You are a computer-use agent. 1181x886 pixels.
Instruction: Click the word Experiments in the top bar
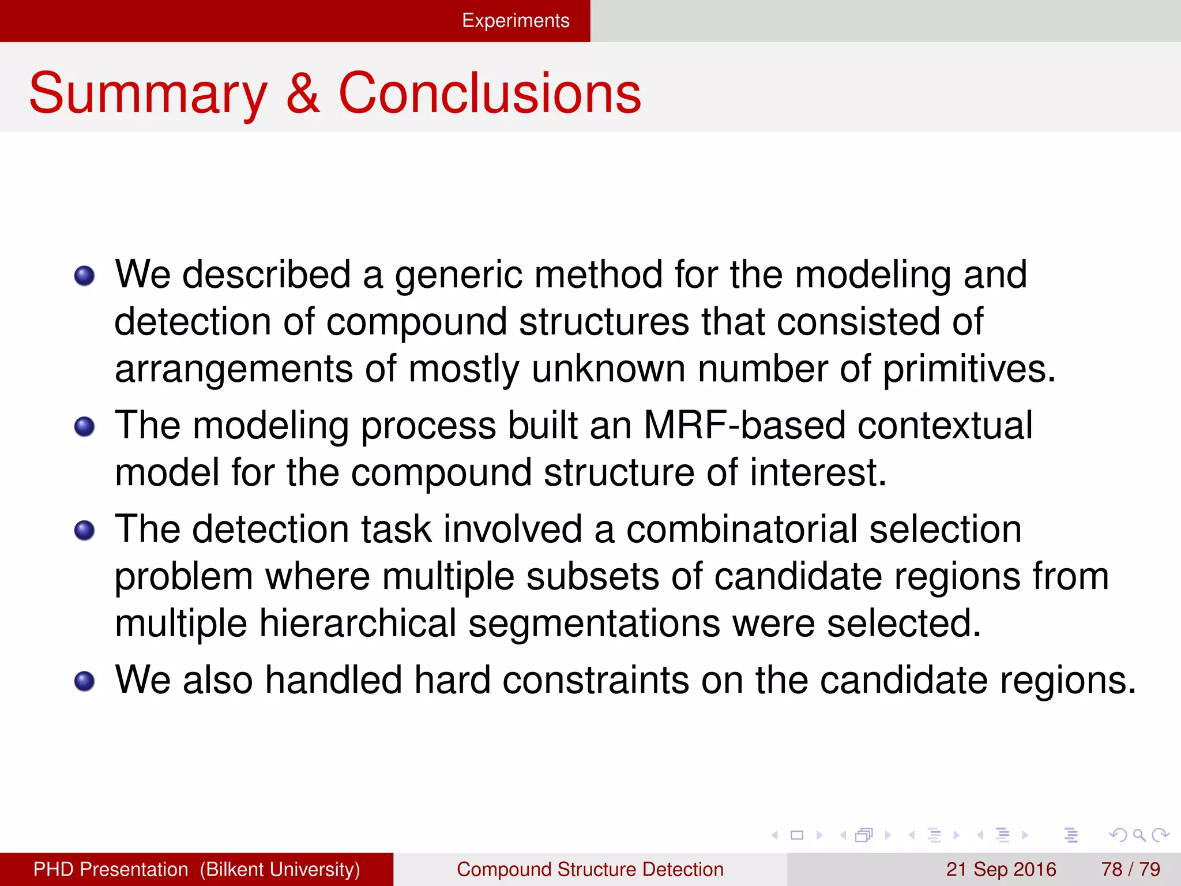(516, 21)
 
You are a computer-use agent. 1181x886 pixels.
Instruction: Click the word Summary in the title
(148, 93)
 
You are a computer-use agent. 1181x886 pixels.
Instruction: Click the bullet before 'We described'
(84, 276)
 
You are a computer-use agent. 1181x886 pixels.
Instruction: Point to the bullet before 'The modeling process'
(84, 427)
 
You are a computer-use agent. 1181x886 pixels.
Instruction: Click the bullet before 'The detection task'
(84, 530)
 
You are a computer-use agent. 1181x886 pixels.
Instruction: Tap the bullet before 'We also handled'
(84, 681)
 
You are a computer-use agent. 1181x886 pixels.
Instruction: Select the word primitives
(969, 369)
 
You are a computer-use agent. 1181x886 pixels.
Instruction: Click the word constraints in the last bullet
(595, 681)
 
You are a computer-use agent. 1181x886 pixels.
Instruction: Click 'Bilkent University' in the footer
(280, 869)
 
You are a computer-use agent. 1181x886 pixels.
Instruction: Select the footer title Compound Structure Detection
(590, 869)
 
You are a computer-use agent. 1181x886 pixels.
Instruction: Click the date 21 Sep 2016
(1001, 869)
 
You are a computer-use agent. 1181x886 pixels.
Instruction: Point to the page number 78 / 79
(1130, 869)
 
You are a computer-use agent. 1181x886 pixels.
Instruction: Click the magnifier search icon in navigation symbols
(1138, 835)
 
